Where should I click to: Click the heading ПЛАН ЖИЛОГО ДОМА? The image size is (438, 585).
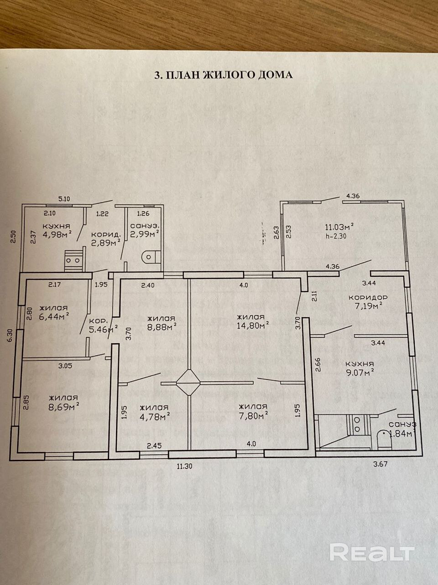point(223,75)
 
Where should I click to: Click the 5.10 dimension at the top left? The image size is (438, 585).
point(65,199)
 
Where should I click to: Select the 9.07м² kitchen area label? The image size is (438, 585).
point(360,372)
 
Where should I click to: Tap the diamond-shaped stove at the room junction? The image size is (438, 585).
point(188,382)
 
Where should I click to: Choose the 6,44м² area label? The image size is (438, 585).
point(54,315)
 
